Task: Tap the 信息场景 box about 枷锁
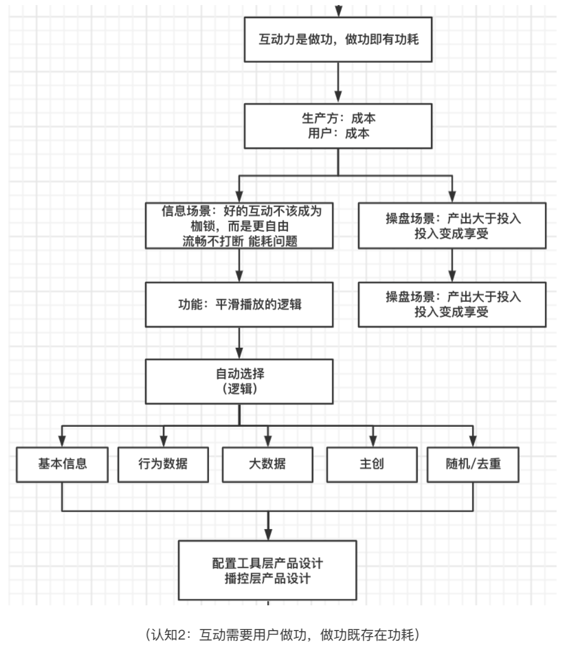239,225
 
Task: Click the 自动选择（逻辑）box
239,381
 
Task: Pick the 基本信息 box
62,465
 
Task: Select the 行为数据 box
163,465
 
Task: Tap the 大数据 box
267,465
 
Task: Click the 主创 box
372,465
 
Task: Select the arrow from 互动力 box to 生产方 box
339,82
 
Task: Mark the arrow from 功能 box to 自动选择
239,343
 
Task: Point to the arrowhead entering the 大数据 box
267,441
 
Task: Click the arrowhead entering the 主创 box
372,441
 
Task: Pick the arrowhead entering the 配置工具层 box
267,534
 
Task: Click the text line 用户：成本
339,134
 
